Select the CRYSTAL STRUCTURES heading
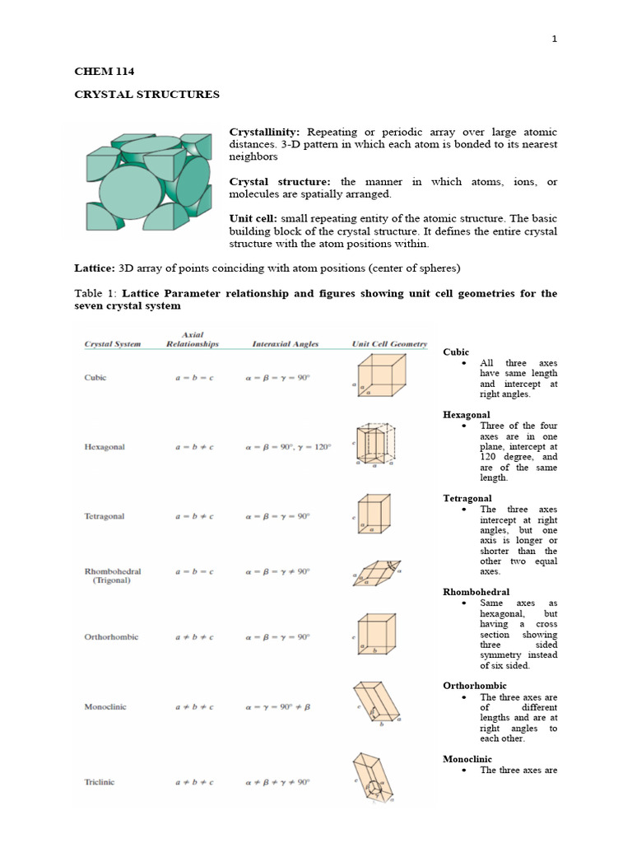pyautogui.click(x=146, y=95)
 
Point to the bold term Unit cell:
pyautogui.click(x=253, y=220)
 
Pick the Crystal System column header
pyautogui.click(x=113, y=344)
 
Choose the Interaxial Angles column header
pyautogui.click(x=286, y=344)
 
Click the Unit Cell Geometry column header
pyautogui.click(x=389, y=344)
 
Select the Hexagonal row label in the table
pyautogui.click(x=105, y=447)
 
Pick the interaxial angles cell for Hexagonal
pyautogui.click(x=288, y=447)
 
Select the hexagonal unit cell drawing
pyautogui.click(x=376, y=446)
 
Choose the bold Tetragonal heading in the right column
pyautogui.click(x=467, y=499)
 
